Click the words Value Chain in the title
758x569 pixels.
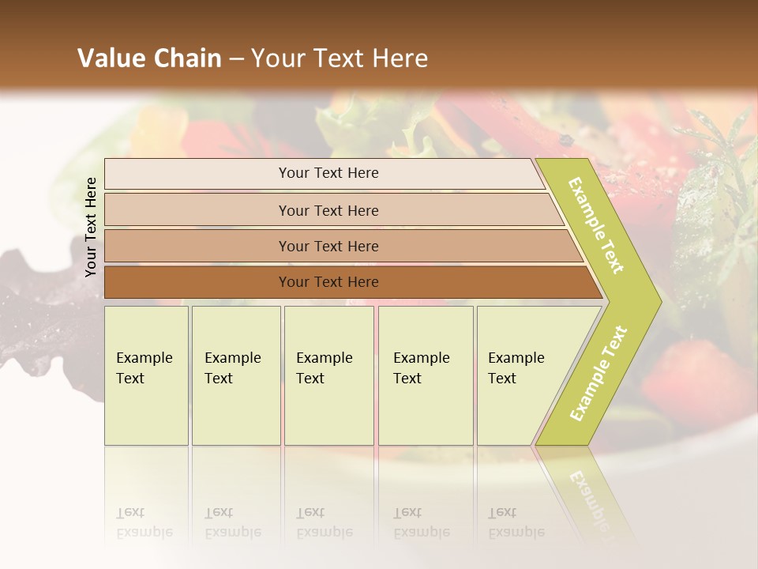(x=149, y=58)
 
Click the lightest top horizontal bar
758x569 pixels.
(x=197, y=174)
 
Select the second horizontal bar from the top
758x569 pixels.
(x=197, y=210)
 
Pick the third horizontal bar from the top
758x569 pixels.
(x=197, y=246)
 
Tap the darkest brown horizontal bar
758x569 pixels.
(x=197, y=282)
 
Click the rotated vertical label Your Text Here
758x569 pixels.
(x=91, y=227)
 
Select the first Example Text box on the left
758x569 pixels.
(x=146, y=375)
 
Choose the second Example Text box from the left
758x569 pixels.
(x=236, y=375)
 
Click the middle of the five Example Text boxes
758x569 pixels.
(x=328, y=375)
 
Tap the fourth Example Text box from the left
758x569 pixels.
(x=426, y=375)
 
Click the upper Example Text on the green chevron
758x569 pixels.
(x=596, y=225)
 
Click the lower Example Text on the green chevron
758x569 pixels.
(x=599, y=373)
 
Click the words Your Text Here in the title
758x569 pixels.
(x=340, y=58)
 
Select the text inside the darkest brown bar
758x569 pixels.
(x=328, y=282)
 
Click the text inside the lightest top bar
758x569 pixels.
(x=328, y=173)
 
